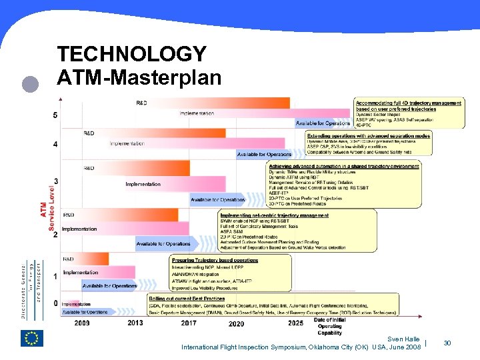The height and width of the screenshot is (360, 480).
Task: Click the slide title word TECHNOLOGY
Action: [x=132, y=54]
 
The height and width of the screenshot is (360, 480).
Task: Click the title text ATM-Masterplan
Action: [x=139, y=78]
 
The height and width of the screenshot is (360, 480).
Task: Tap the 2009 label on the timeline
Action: [x=83, y=323]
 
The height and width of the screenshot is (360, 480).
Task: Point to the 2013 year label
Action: [x=135, y=323]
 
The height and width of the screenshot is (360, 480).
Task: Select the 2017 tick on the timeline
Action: [x=189, y=323]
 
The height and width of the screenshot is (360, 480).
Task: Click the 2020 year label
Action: [x=236, y=323]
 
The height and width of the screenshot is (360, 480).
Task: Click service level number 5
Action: [x=55, y=115]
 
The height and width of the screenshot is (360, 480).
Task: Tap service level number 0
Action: [x=55, y=303]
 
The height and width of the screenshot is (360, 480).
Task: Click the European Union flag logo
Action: [x=32, y=338]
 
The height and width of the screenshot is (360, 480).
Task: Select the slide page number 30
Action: [x=447, y=343]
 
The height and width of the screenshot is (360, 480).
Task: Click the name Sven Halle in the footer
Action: [x=404, y=339]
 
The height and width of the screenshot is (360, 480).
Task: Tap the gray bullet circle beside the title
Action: [x=28, y=84]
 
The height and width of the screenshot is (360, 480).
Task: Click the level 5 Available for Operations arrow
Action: [x=323, y=123]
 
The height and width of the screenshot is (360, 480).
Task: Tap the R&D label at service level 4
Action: [x=89, y=133]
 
